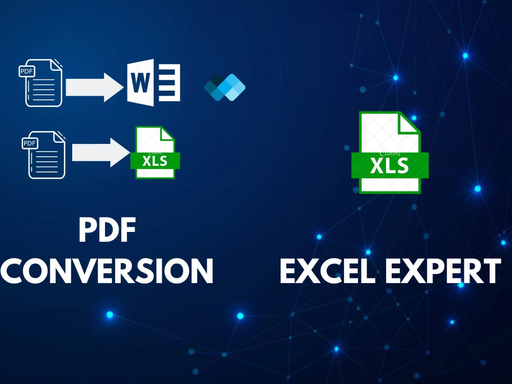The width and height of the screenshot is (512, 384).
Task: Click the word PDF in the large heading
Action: click(x=108, y=230)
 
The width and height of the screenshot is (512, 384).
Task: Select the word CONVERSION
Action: click(x=107, y=271)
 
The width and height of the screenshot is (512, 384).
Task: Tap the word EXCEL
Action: click(x=328, y=271)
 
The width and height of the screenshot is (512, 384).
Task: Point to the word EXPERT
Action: click(x=443, y=271)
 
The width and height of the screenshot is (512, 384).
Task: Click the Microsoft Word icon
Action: click(x=154, y=82)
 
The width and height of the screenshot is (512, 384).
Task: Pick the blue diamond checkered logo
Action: click(x=225, y=87)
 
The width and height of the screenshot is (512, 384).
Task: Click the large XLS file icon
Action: click(x=390, y=153)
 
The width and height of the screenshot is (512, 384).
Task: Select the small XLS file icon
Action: click(x=155, y=153)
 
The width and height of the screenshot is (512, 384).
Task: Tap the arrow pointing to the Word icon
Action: click(x=95, y=87)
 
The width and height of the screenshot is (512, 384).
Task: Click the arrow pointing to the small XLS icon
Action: click(x=101, y=153)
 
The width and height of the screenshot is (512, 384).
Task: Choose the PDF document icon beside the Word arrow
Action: click(x=40, y=82)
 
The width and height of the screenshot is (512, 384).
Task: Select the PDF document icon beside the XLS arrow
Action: click(x=44, y=155)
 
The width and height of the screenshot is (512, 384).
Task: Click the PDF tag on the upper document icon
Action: click(x=27, y=71)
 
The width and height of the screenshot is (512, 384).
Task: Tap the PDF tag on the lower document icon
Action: click(x=30, y=143)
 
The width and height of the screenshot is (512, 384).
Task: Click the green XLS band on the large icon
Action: click(x=390, y=165)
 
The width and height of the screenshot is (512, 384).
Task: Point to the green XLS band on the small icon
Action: click(x=155, y=161)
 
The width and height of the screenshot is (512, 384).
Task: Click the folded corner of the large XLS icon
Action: click(x=408, y=122)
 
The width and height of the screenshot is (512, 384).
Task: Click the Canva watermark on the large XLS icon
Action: click(x=390, y=153)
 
